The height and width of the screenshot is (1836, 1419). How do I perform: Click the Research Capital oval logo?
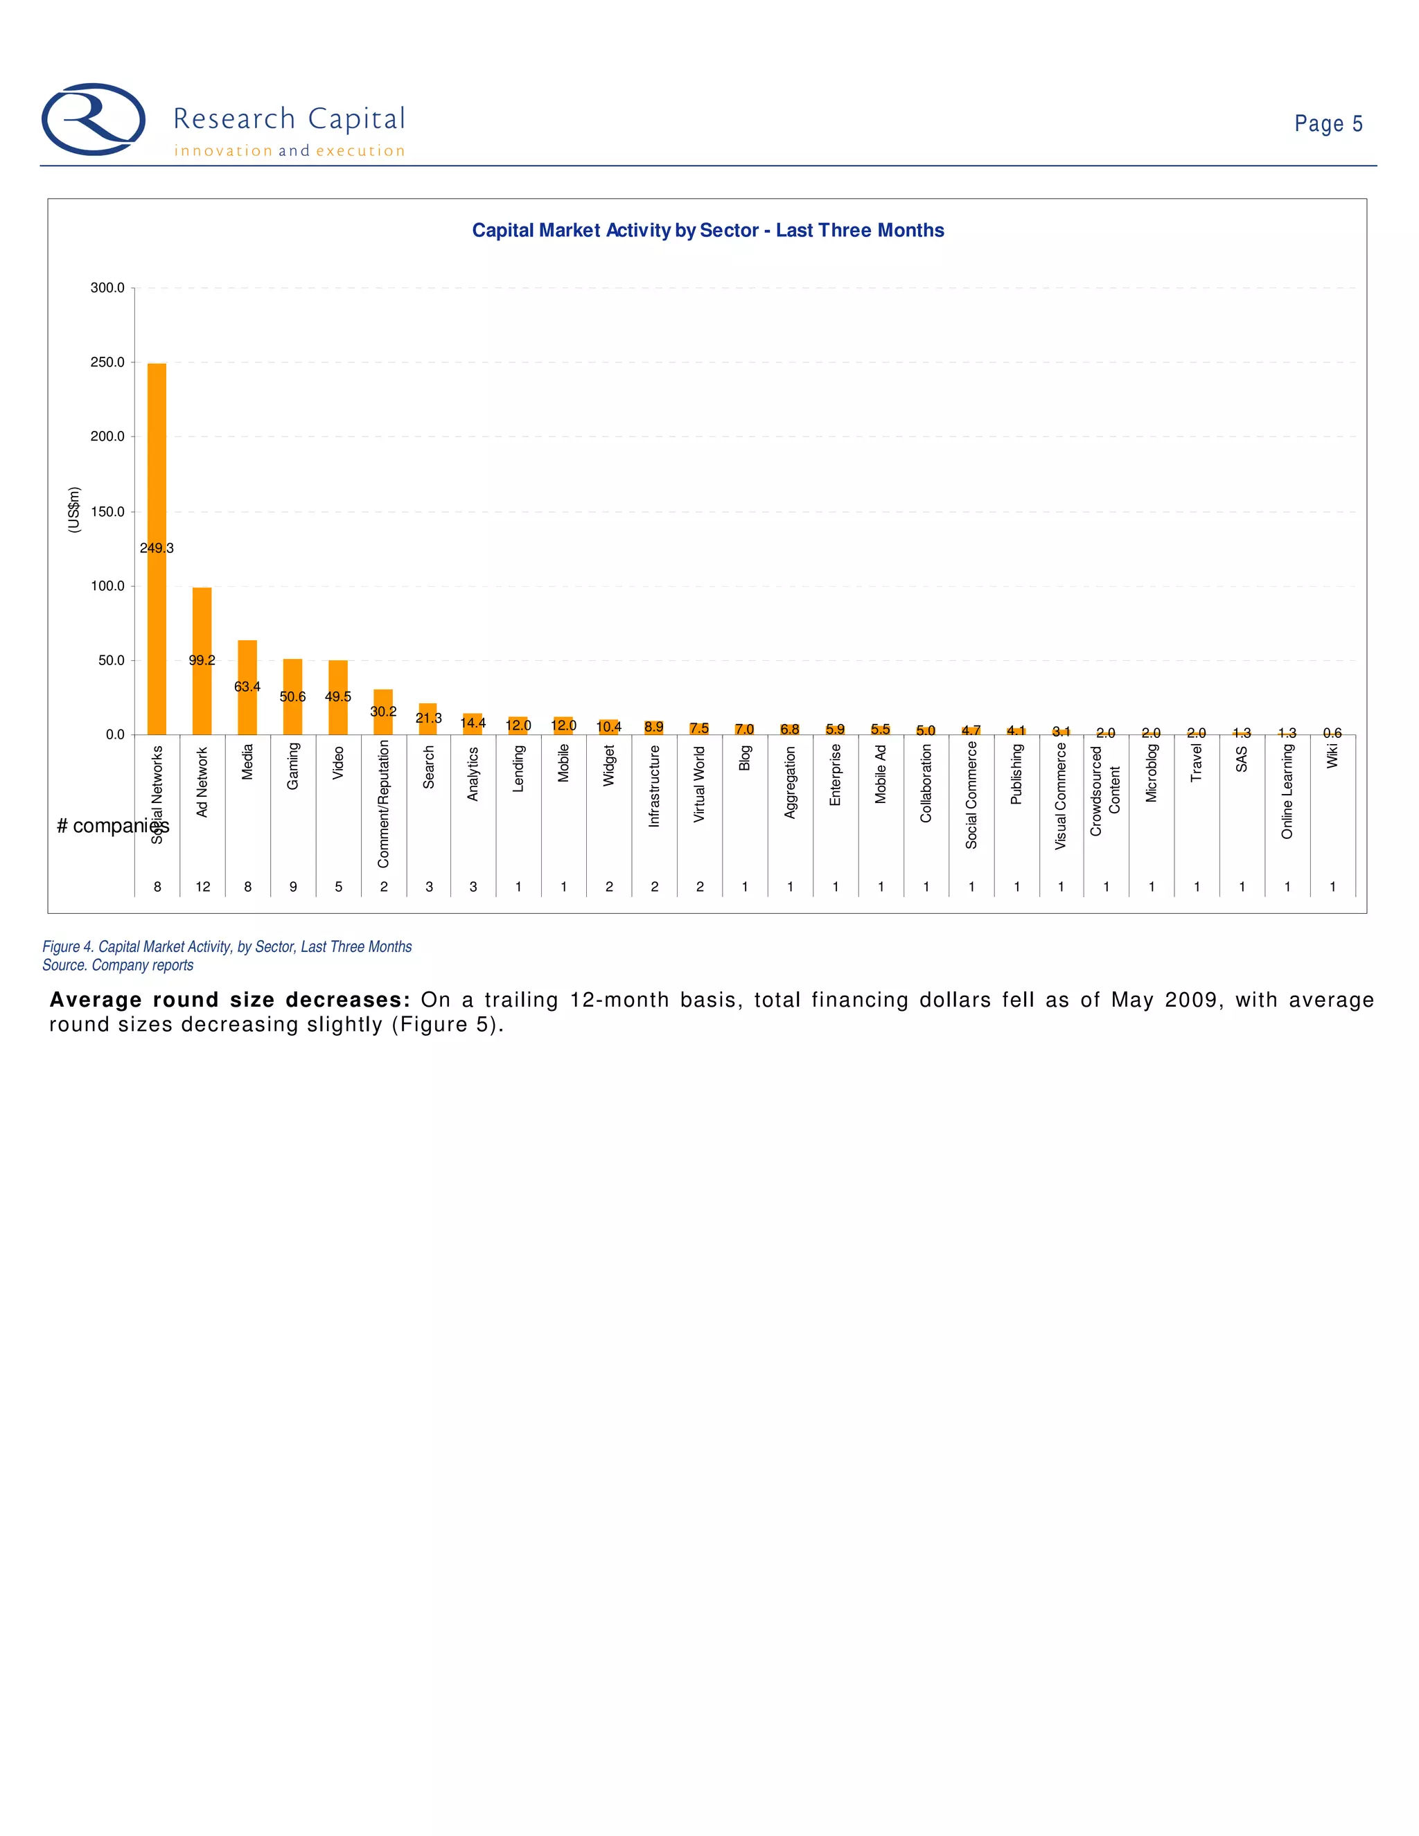coord(94,119)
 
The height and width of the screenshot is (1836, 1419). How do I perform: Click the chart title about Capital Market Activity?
coord(708,230)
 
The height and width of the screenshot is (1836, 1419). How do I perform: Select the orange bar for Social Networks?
coord(157,470)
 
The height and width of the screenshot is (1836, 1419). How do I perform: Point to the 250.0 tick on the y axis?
coord(107,362)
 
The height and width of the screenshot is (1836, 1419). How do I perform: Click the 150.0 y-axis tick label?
coord(107,511)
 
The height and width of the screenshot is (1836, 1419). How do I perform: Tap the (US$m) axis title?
coord(74,509)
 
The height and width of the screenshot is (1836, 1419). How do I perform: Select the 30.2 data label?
coord(383,712)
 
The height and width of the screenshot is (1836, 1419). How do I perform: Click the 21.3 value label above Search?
coord(429,718)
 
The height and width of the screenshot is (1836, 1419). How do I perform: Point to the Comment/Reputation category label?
coord(383,804)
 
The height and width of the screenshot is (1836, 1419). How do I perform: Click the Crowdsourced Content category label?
coord(1105,791)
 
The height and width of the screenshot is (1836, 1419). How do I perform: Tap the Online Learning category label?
coord(1287,791)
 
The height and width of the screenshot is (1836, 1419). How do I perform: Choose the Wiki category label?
coord(1332,757)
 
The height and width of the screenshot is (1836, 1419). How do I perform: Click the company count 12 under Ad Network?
coord(202,887)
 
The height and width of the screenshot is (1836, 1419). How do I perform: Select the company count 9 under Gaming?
coord(293,887)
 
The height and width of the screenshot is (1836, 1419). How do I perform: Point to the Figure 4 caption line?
coord(227,946)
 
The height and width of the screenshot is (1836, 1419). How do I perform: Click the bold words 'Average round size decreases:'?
coord(229,1000)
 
